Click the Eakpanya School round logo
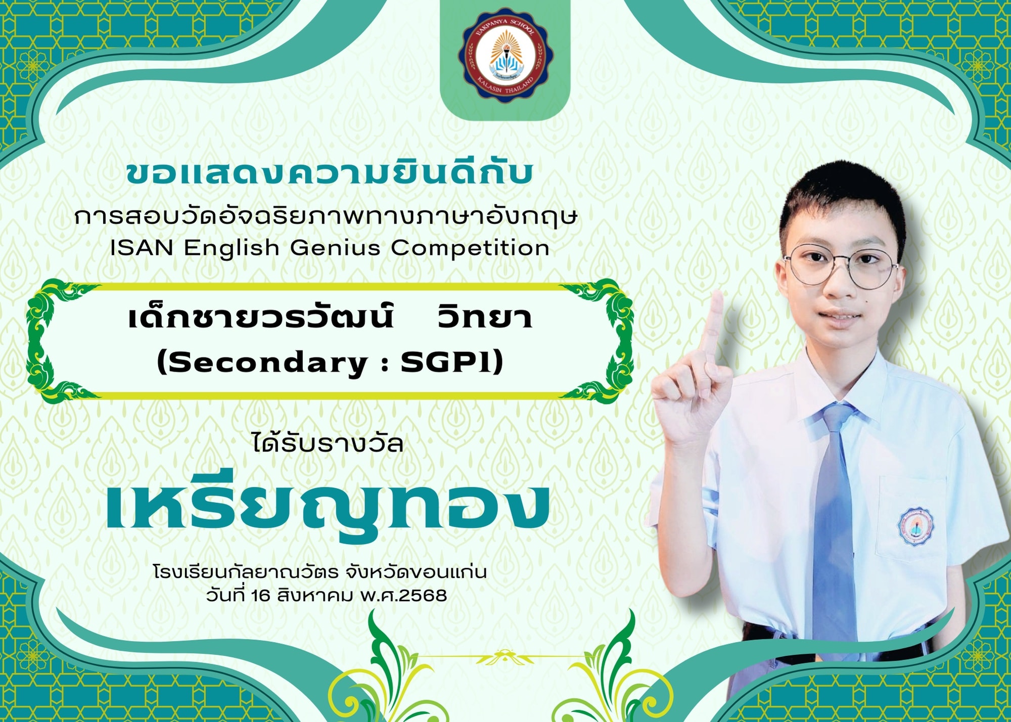[x=504, y=55]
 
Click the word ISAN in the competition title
[x=142, y=248]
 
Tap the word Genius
[x=335, y=248]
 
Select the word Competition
[x=470, y=248]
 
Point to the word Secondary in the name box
[x=267, y=363]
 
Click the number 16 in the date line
[x=261, y=596]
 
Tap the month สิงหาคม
[x=314, y=596]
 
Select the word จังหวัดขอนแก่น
[x=417, y=572]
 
